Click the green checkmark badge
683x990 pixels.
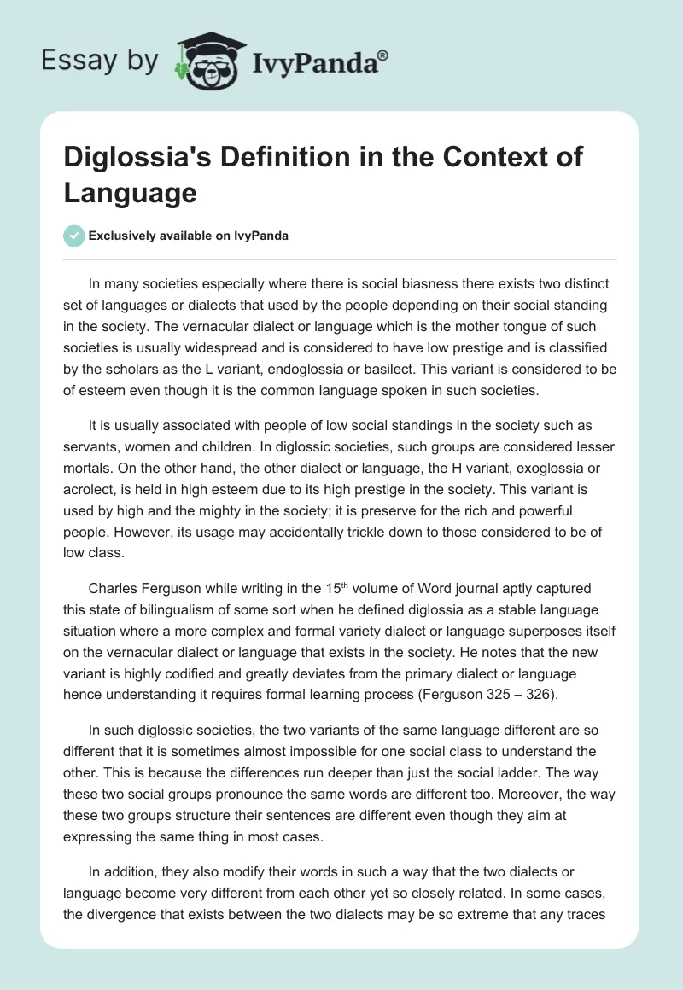[74, 236]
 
